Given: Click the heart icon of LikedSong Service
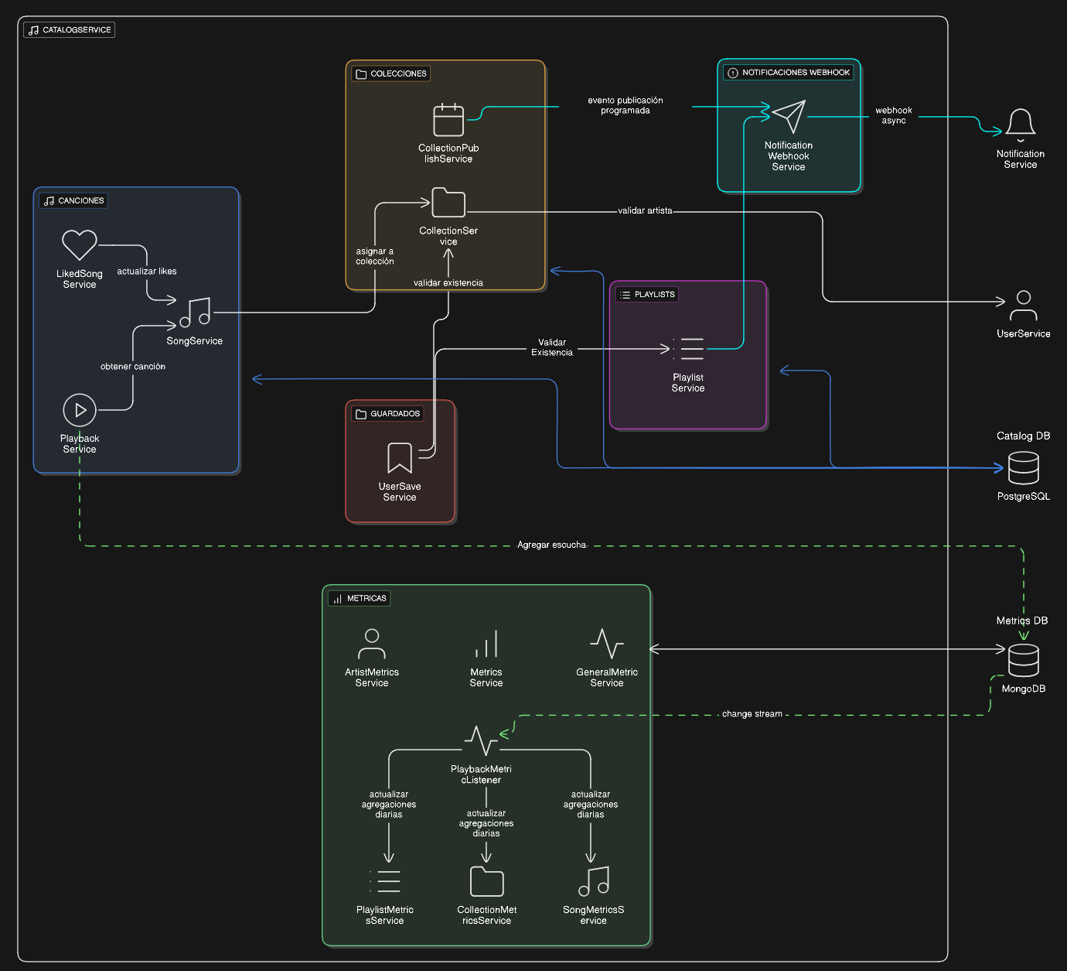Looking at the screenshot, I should pyautogui.click(x=80, y=245).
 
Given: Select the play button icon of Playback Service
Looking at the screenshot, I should pyautogui.click(x=80, y=410).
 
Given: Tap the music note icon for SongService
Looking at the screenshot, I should pyautogui.click(x=196, y=313).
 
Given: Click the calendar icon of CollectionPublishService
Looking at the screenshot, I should pyautogui.click(x=448, y=120).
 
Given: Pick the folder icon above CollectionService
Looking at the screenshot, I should pyautogui.click(x=448, y=203).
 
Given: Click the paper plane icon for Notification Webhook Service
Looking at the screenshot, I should pyautogui.click(x=789, y=117).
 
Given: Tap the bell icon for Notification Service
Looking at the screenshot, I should pyautogui.click(x=1021, y=123).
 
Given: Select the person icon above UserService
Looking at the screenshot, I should pyautogui.click(x=1024, y=306).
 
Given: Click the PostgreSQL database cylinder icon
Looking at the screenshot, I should pyautogui.click(x=1024, y=468).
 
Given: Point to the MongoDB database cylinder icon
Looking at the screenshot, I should pyautogui.click(x=1024, y=660).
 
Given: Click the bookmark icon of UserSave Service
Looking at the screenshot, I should pyautogui.click(x=400, y=457).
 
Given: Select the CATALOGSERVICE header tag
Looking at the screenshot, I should pyautogui.click(x=70, y=30).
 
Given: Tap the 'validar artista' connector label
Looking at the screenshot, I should pyautogui.click(x=645, y=210).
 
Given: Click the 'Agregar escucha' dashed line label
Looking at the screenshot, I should pyautogui.click(x=551, y=545).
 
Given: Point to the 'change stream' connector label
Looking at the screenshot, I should pyautogui.click(x=752, y=714).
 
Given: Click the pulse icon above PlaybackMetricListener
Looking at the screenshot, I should pyautogui.click(x=482, y=741).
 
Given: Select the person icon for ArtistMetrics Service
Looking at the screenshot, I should pyautogui.click(x=372, y=644).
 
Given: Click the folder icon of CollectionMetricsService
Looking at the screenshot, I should pyautogui.click(x=487, y=881).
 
